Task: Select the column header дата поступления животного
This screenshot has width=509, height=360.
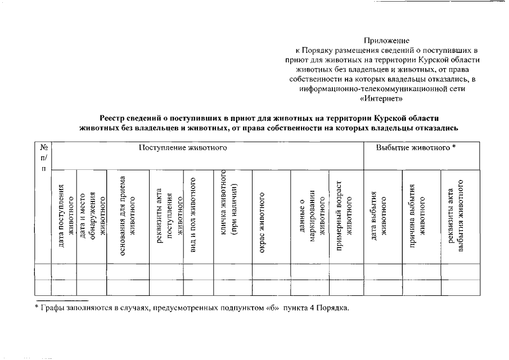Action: pos(65,216)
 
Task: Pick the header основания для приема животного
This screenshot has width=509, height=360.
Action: pos(128,216)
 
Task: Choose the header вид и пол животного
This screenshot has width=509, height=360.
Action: pos(193,216)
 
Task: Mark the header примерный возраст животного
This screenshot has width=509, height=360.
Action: pos(344,216)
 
